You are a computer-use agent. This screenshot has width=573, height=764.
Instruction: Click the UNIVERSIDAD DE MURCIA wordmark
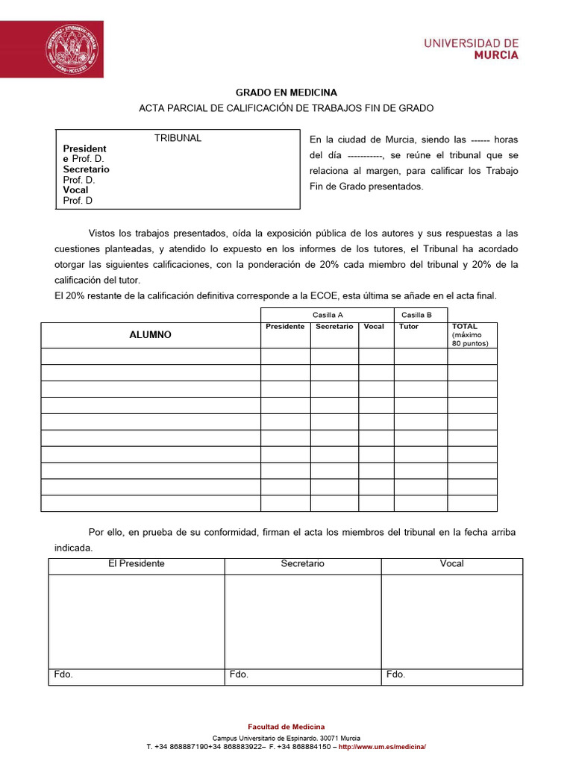click(x=471, y=49)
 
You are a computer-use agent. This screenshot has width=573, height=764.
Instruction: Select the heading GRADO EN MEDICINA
click(x=286, y=93)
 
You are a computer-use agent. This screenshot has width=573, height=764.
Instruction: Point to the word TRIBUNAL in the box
click(x=178, y=138)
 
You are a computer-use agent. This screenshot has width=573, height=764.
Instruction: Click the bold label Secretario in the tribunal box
click(x=86, y=169)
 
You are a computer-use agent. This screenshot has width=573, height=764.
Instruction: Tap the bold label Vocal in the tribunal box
click(x=75, y=190)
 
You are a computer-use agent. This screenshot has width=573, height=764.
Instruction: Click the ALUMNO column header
click(x=150, y=335)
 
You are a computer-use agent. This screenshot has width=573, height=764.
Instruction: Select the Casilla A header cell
click(x=327, y=315)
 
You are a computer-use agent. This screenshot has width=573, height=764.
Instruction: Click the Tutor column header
click(x=409, y=327)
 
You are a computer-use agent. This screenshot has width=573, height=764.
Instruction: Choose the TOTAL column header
click(x=465, y=327)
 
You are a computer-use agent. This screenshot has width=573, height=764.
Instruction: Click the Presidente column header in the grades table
click(x=285, y=327)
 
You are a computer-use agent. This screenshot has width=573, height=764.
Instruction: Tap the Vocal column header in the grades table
click(x=374, y=327)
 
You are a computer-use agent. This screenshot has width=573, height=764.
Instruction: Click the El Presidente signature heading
click(x=137, y=564)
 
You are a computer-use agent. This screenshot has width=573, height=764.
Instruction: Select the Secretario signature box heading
click(x=302, y=564)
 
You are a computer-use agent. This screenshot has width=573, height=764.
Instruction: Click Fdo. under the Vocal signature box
click(x=395, y=674)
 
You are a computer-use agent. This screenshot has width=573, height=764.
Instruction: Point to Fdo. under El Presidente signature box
click(x=63, y=674)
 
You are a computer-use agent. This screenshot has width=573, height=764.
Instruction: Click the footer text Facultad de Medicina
click(x=286, y=727)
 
